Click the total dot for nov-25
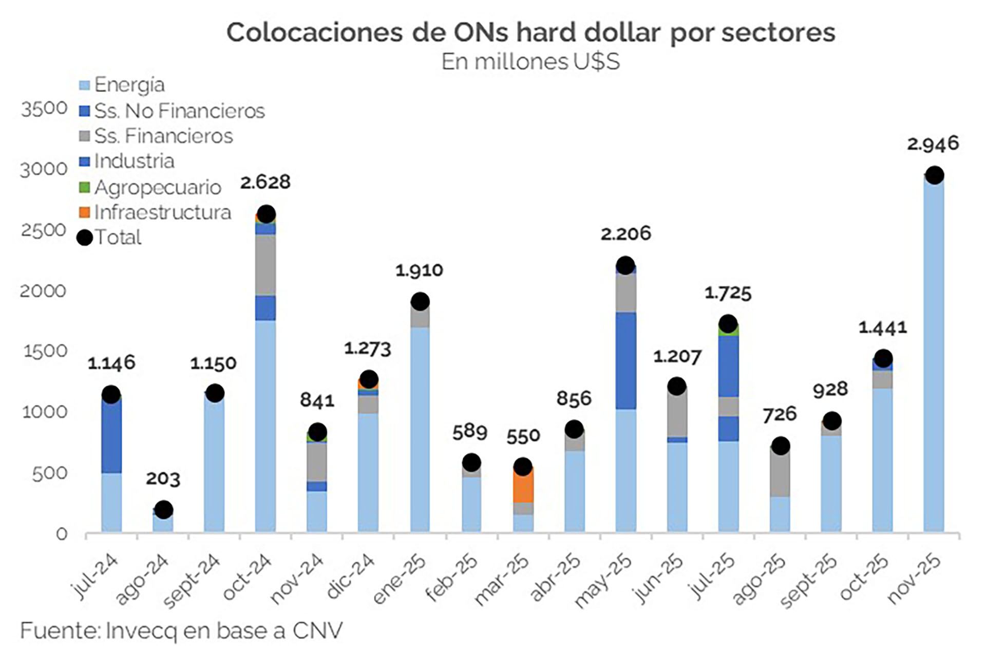tap(934, 175)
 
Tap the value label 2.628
tap(265, 182)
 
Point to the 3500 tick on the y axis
tap(44, 108)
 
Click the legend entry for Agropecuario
tap(157, 187)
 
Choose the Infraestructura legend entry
tap(162, 212)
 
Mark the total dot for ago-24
tap(163, 509)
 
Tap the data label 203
tap(163, 479)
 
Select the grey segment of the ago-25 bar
tap(780, 473)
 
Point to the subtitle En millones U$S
tap(530, 62)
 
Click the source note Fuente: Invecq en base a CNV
tap(181, 631)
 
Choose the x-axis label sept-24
tap(192, 582)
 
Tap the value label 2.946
tap(933, 143)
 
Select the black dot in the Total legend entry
tap(85, 237)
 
